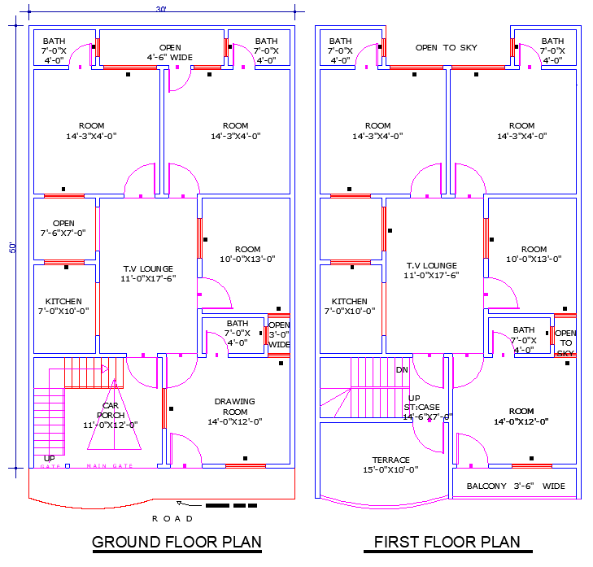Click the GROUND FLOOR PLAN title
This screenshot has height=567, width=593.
tap(177, 542)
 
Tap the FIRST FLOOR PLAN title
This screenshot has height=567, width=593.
tap(447, 542)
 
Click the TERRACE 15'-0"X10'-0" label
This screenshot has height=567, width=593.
tap(390, 465)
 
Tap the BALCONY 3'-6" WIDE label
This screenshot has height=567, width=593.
tap(516, 486)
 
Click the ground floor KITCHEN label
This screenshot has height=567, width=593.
tap(63, 306)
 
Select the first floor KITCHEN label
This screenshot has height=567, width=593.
tap(350, 306)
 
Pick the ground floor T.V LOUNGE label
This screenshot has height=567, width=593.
tap(148, 273)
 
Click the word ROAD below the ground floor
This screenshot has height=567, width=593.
tap(172, 518)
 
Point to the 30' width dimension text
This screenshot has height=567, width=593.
tap(161, 9)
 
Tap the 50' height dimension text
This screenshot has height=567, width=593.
tap(12, 246)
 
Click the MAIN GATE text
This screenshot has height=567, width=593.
tap(109, 466)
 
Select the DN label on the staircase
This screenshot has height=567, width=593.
tap(401, 370)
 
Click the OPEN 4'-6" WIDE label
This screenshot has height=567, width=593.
tap(170, 52)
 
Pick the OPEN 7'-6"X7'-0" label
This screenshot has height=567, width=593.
tap(63, 228)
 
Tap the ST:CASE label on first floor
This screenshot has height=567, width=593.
tap(422, 408)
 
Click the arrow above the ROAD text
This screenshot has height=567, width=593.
tap(185, 504)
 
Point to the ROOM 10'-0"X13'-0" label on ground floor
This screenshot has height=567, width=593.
tap(247, 255)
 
